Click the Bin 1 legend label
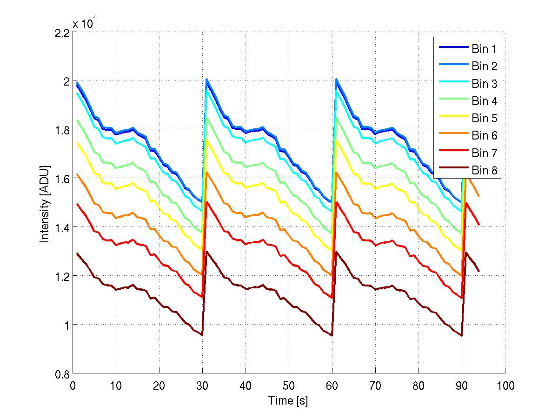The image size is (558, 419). [484, 49]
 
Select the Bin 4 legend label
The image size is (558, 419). [484, 101]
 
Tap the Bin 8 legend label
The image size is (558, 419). [484, 171]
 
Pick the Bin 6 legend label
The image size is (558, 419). [484, 136]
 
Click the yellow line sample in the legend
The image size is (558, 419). [452, 119]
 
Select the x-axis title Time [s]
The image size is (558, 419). [288, 400]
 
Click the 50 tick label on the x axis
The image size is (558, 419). [289, 386]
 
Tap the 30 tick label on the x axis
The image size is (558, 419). [202, 386]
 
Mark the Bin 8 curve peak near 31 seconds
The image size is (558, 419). [206, 252]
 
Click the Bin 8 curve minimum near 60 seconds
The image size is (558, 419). [332, 335]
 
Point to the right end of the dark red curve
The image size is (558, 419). [478, 271]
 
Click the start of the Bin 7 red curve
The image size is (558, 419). [77, 204]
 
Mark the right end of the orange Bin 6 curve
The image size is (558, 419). [478, 196]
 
